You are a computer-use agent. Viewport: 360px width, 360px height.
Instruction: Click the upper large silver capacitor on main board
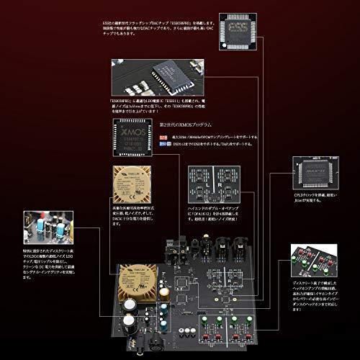pos(131,305)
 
